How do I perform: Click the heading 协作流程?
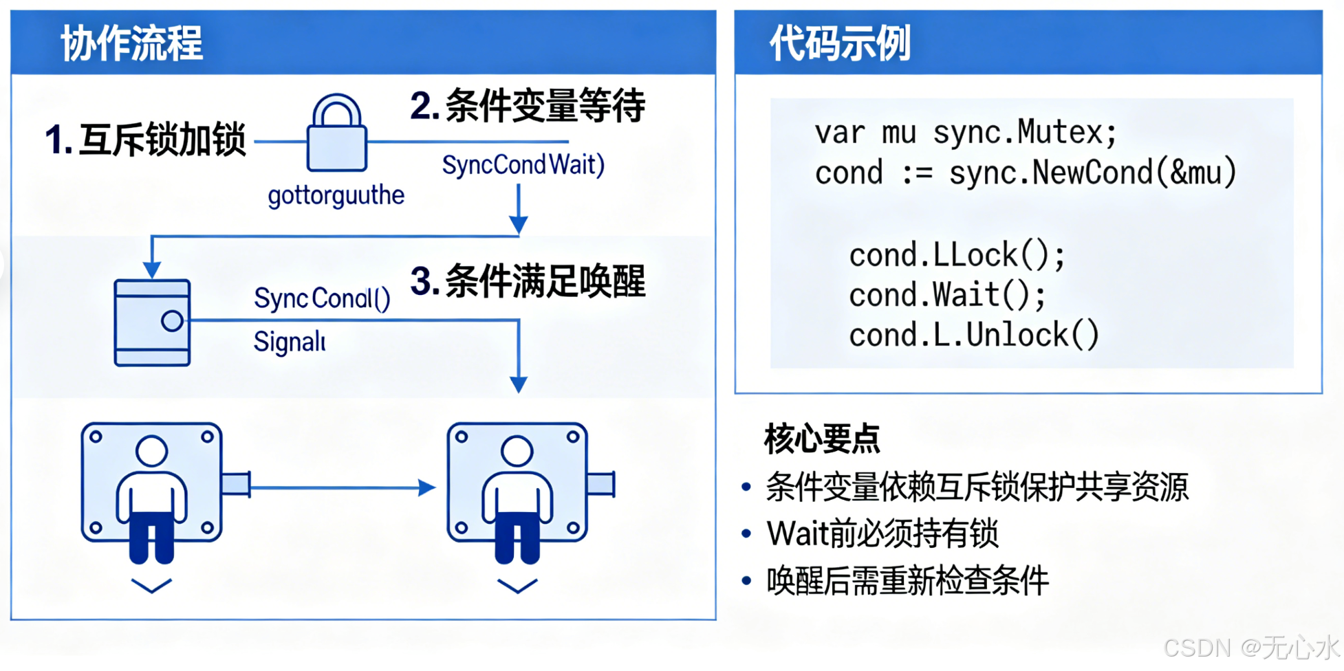pyautogui.click(x=131, y=43)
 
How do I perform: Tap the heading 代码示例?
pyautogui.click(x=840, y=43)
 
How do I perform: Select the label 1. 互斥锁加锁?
pyautogui.click(x=145, y=140)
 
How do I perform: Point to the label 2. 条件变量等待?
pyautogui.click(x=528, y=106)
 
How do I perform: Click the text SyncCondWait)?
pyautogui.click(x=523, y=165)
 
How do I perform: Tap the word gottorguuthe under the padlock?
pyautogui.click(x=336, y=196)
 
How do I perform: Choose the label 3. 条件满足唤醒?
pyautogui.click(x=528, y=281)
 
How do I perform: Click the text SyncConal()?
pyautogui.click(x=322, y=298)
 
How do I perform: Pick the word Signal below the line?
pyautogui.click(x=289, y=342)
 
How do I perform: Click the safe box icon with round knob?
pyautogui.click(x=152, y=322)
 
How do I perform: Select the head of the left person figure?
pyautogui.click(x=151, y=451)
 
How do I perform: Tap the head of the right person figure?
pyautogui.click(x=517, y=451)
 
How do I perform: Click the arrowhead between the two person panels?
pyautogui.click(x=427, y=487)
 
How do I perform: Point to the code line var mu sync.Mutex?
pyautogui.click(x=966, y=132)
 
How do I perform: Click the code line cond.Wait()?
pyautogui.click(x=947, y=295)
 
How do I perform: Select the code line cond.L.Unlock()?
pyautogui.click(x=974, y=335)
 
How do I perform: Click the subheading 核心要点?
pyautogui.click(x=822, y=439)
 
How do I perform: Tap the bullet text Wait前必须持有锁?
pyautogui.click(x=882, y=533)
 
